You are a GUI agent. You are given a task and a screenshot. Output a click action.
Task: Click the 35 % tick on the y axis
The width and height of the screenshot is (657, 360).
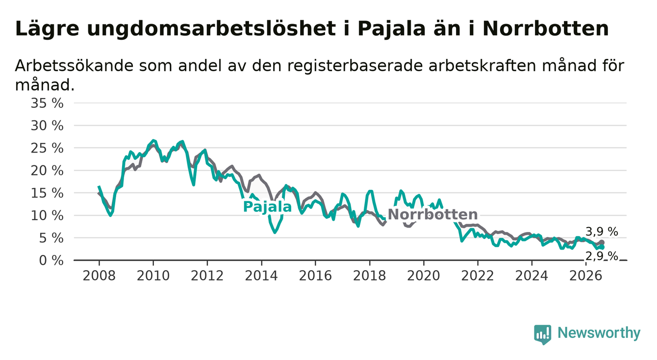47,103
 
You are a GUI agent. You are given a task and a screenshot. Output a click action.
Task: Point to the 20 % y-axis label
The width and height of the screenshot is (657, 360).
47,171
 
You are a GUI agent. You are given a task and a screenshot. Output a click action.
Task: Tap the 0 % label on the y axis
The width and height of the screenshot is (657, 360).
51,260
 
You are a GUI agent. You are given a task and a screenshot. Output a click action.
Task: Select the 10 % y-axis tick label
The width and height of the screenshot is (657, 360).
47,216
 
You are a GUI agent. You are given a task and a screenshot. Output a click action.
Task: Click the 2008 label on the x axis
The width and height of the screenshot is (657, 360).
99,276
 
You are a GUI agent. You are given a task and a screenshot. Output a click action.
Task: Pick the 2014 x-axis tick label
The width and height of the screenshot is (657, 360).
261,276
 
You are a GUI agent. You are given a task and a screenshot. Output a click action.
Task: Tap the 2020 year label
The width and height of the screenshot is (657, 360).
424,276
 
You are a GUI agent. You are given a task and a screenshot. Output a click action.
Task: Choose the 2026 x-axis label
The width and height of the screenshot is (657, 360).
586,276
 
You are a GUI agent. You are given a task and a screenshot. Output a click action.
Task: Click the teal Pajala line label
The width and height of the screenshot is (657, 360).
267,207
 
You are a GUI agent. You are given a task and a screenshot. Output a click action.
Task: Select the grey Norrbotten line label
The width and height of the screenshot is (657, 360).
432,214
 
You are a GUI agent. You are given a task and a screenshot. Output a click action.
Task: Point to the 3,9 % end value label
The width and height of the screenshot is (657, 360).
602,232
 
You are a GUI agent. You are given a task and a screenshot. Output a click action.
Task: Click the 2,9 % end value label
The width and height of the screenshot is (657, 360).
602,256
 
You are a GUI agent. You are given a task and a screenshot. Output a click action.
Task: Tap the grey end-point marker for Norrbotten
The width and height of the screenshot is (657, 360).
602,242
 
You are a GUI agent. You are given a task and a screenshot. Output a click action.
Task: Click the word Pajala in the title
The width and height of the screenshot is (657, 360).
391,29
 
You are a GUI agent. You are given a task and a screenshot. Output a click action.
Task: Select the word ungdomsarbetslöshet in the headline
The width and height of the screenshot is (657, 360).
211,29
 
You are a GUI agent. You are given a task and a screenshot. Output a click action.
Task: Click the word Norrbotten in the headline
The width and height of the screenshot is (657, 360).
545,29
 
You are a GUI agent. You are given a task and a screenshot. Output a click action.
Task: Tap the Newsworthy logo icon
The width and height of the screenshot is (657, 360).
542,334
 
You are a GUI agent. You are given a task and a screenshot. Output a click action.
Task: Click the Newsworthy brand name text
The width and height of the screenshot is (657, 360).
599,333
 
